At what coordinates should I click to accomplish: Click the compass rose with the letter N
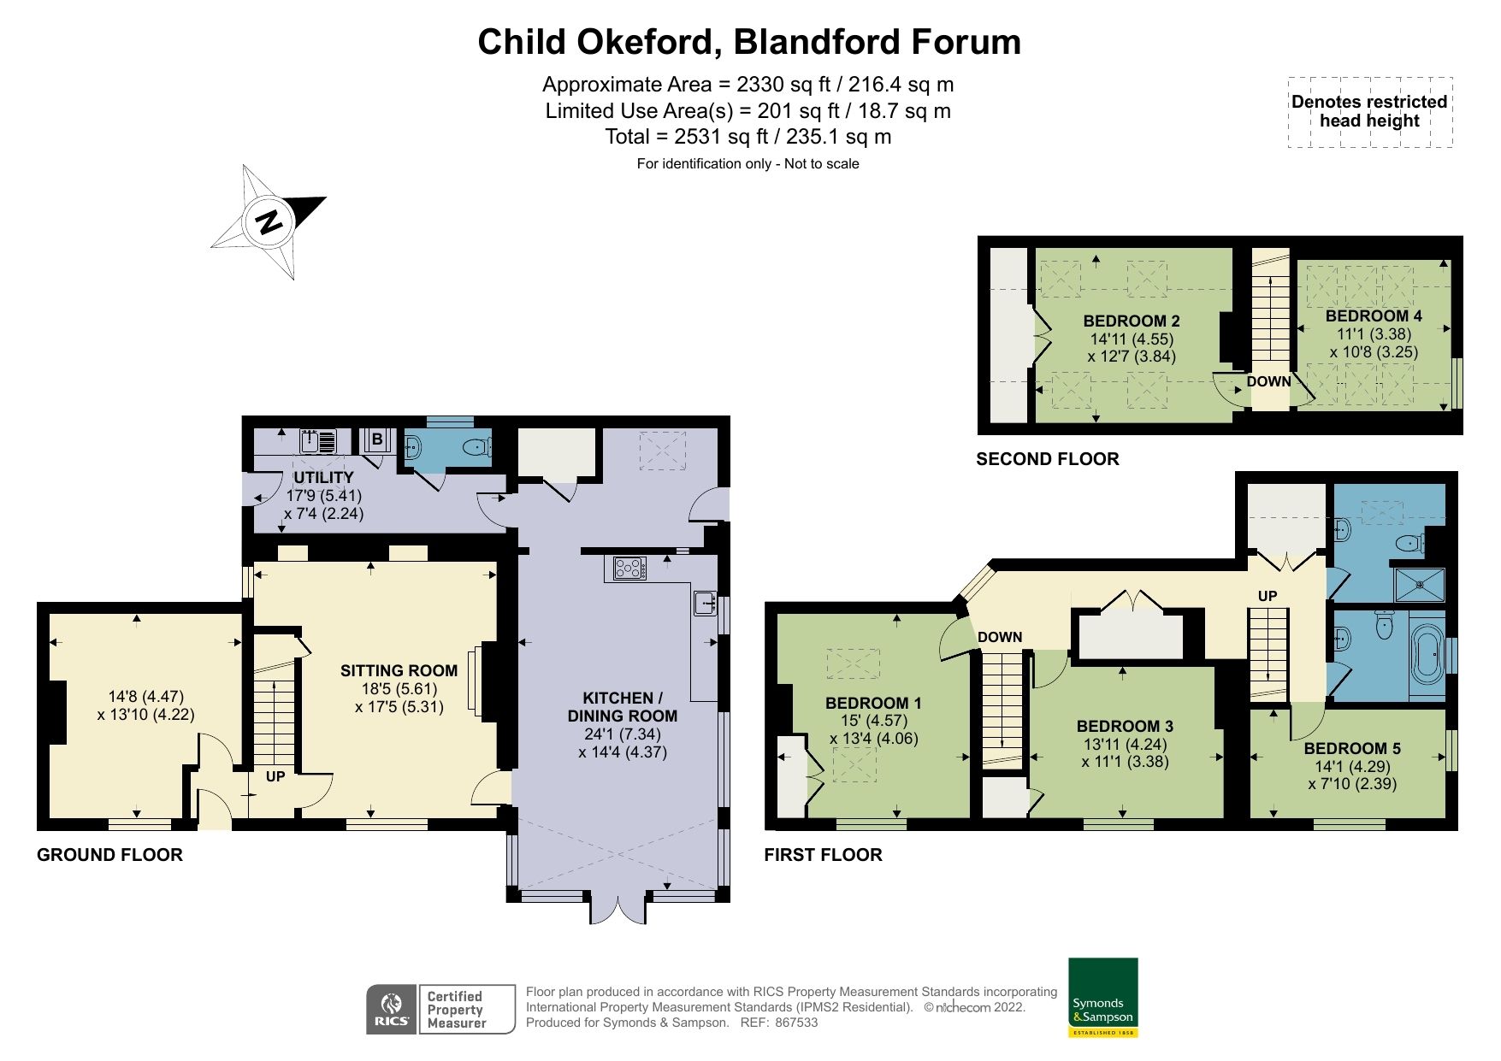[x=269, y=221]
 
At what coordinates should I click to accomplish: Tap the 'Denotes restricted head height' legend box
[x=1369, y=112]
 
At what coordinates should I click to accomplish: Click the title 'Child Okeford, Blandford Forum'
[x=749, y=42]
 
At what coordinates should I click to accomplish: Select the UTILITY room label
[x=323, y=477]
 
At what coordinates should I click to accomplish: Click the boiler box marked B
[x=376, y=440]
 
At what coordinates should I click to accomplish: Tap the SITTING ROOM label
[x=399, y=671]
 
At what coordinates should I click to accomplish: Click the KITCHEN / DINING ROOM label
[x=622, y=707]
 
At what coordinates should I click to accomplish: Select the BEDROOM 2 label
[x=1131, y=321]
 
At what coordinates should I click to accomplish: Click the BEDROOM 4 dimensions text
[x=1374, y=344]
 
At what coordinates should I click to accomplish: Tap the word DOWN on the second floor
[x=1268, y=381]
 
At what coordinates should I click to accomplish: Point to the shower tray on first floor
[x=1420, y=585]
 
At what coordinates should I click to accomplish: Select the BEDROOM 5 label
[x=1352, y=749]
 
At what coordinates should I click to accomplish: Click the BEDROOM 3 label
[x=1125, y=727]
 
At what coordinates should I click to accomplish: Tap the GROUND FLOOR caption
[x=109, y=855]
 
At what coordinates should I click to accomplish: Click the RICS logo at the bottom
[x=392, y=1010]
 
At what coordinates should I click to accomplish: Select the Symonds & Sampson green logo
[x=1102, y=997]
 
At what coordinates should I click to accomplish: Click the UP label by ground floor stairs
[x=275, y=777]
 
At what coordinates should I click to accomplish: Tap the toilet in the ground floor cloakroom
[x=477, y=446]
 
